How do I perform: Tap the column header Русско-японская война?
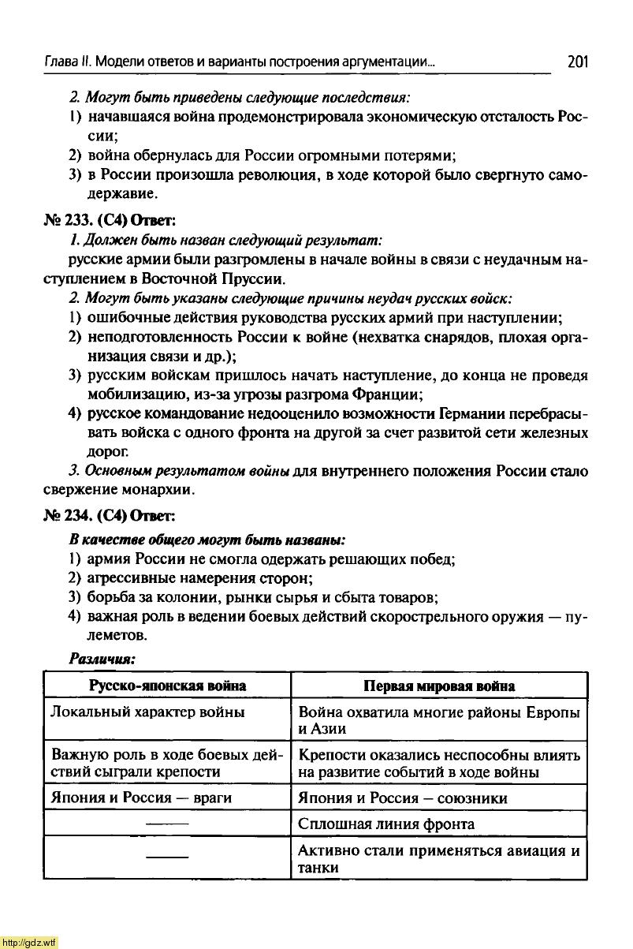tap(167, 686)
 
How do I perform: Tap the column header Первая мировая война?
tap(439, 686)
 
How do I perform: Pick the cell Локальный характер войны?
tap(147, 712)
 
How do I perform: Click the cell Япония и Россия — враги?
tap(141, 798)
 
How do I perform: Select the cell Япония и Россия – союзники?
tap(403, 798)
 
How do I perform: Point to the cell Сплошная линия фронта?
tap(386, 824)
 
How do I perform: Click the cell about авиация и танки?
tap(439, 859)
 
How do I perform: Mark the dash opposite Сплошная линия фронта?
tap(167, 824)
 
